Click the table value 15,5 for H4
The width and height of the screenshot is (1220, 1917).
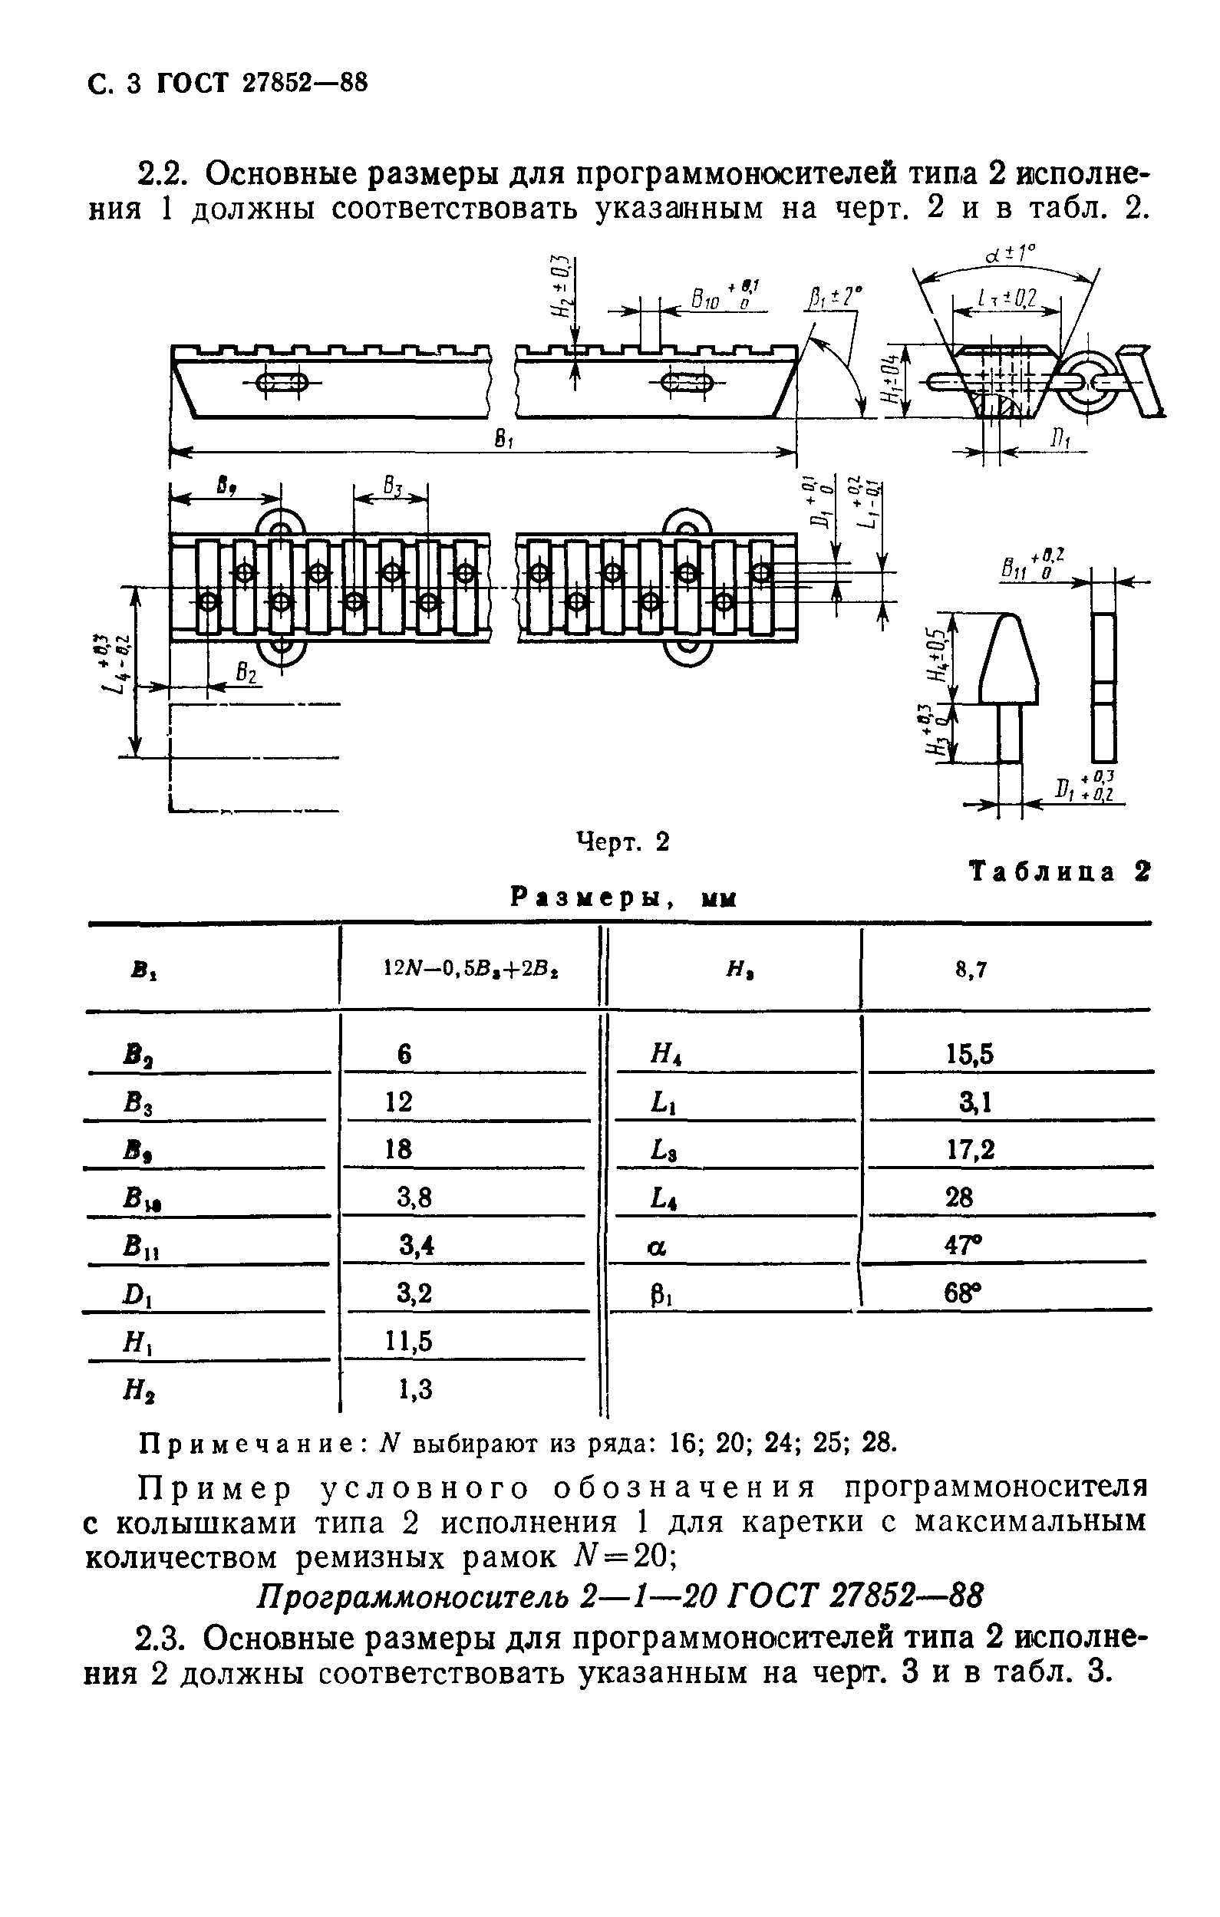(969, 1055)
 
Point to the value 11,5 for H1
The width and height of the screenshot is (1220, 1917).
(409, 1342)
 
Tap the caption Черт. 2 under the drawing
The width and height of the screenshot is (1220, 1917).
(623, 842)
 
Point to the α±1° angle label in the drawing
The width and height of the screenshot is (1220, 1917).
(1010, 255)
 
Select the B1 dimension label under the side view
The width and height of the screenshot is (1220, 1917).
(503, 440)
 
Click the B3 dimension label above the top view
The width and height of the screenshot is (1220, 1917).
(392, 485)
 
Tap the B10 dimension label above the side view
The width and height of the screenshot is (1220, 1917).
(706, 301)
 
